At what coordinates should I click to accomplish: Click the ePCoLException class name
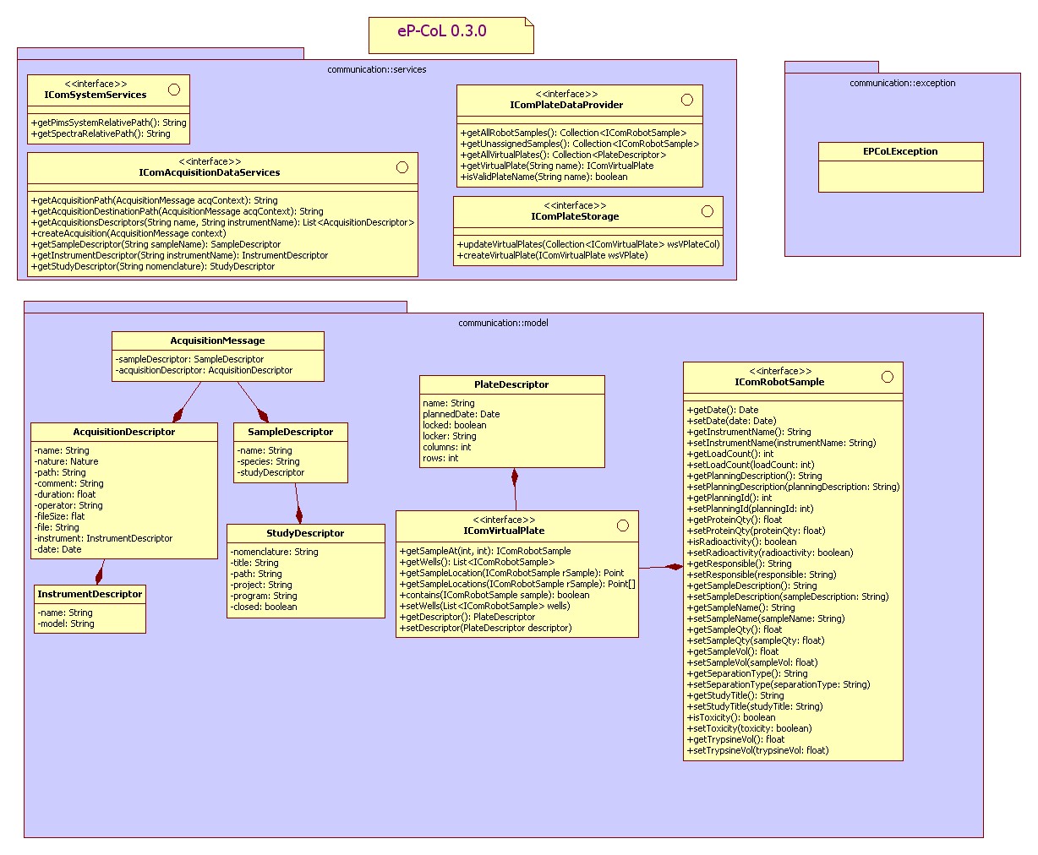tap(900, 152)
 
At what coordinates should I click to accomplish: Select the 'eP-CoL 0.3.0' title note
tap(442, 32)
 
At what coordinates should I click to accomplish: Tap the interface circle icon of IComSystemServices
tap(174, 90)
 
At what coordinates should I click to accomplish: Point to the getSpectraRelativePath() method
tap(101, 133)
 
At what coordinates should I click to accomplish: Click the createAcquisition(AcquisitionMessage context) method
tap(128, 233)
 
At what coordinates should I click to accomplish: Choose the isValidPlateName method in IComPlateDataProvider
tap(544, 177)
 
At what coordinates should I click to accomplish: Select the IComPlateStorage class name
tap(575, 217)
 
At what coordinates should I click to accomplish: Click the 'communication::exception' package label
tap(902, 83)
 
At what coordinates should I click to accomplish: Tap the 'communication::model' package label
tap(503, 323)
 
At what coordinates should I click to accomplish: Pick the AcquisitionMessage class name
tap(217, 341)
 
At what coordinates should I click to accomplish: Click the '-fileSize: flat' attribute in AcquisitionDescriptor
tap(60, 516)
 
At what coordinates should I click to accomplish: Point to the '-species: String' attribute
tap(268, 461)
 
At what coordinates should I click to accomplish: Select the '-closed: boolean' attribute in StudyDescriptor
tap(264, 607)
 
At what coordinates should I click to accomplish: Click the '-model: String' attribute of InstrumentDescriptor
tap(65, 624)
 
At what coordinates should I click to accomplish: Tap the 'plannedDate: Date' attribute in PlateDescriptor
tap(461, 414)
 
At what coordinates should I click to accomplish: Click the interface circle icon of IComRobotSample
tap(887, 377)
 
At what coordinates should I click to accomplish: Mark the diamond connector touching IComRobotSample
tap(675, 566)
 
